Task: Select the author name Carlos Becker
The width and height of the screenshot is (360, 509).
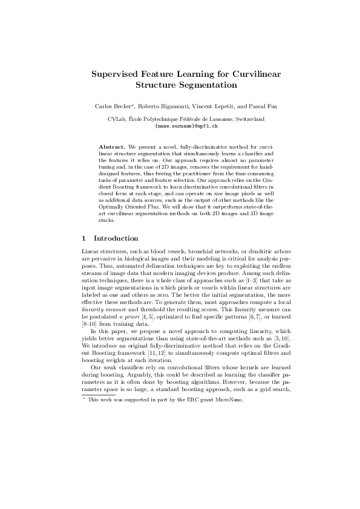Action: (114, 106)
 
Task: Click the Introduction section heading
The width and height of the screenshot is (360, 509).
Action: (116, 239)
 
